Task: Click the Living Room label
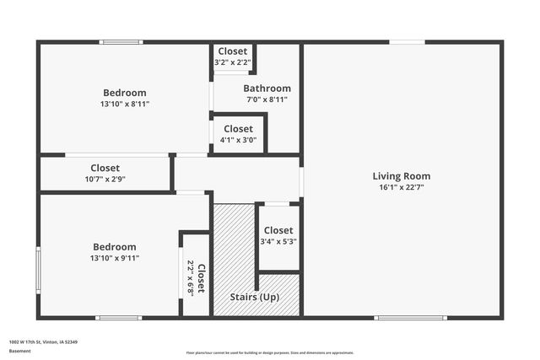401,176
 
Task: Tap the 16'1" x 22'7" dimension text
401,188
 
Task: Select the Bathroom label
267,89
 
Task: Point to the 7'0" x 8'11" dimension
267,99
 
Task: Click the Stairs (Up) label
255,298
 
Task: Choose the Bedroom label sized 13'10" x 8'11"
124,93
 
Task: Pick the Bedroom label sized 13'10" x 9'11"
114,247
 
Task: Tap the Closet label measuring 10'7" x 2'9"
105,168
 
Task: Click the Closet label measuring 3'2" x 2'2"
232,51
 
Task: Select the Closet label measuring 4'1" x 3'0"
238,129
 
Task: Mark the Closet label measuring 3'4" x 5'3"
278,230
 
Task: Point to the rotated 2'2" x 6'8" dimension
190,274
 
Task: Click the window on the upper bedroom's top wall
121,41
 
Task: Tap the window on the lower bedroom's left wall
38,270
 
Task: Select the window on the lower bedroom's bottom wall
118,318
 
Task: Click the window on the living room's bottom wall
411,318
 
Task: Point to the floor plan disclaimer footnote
270,352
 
